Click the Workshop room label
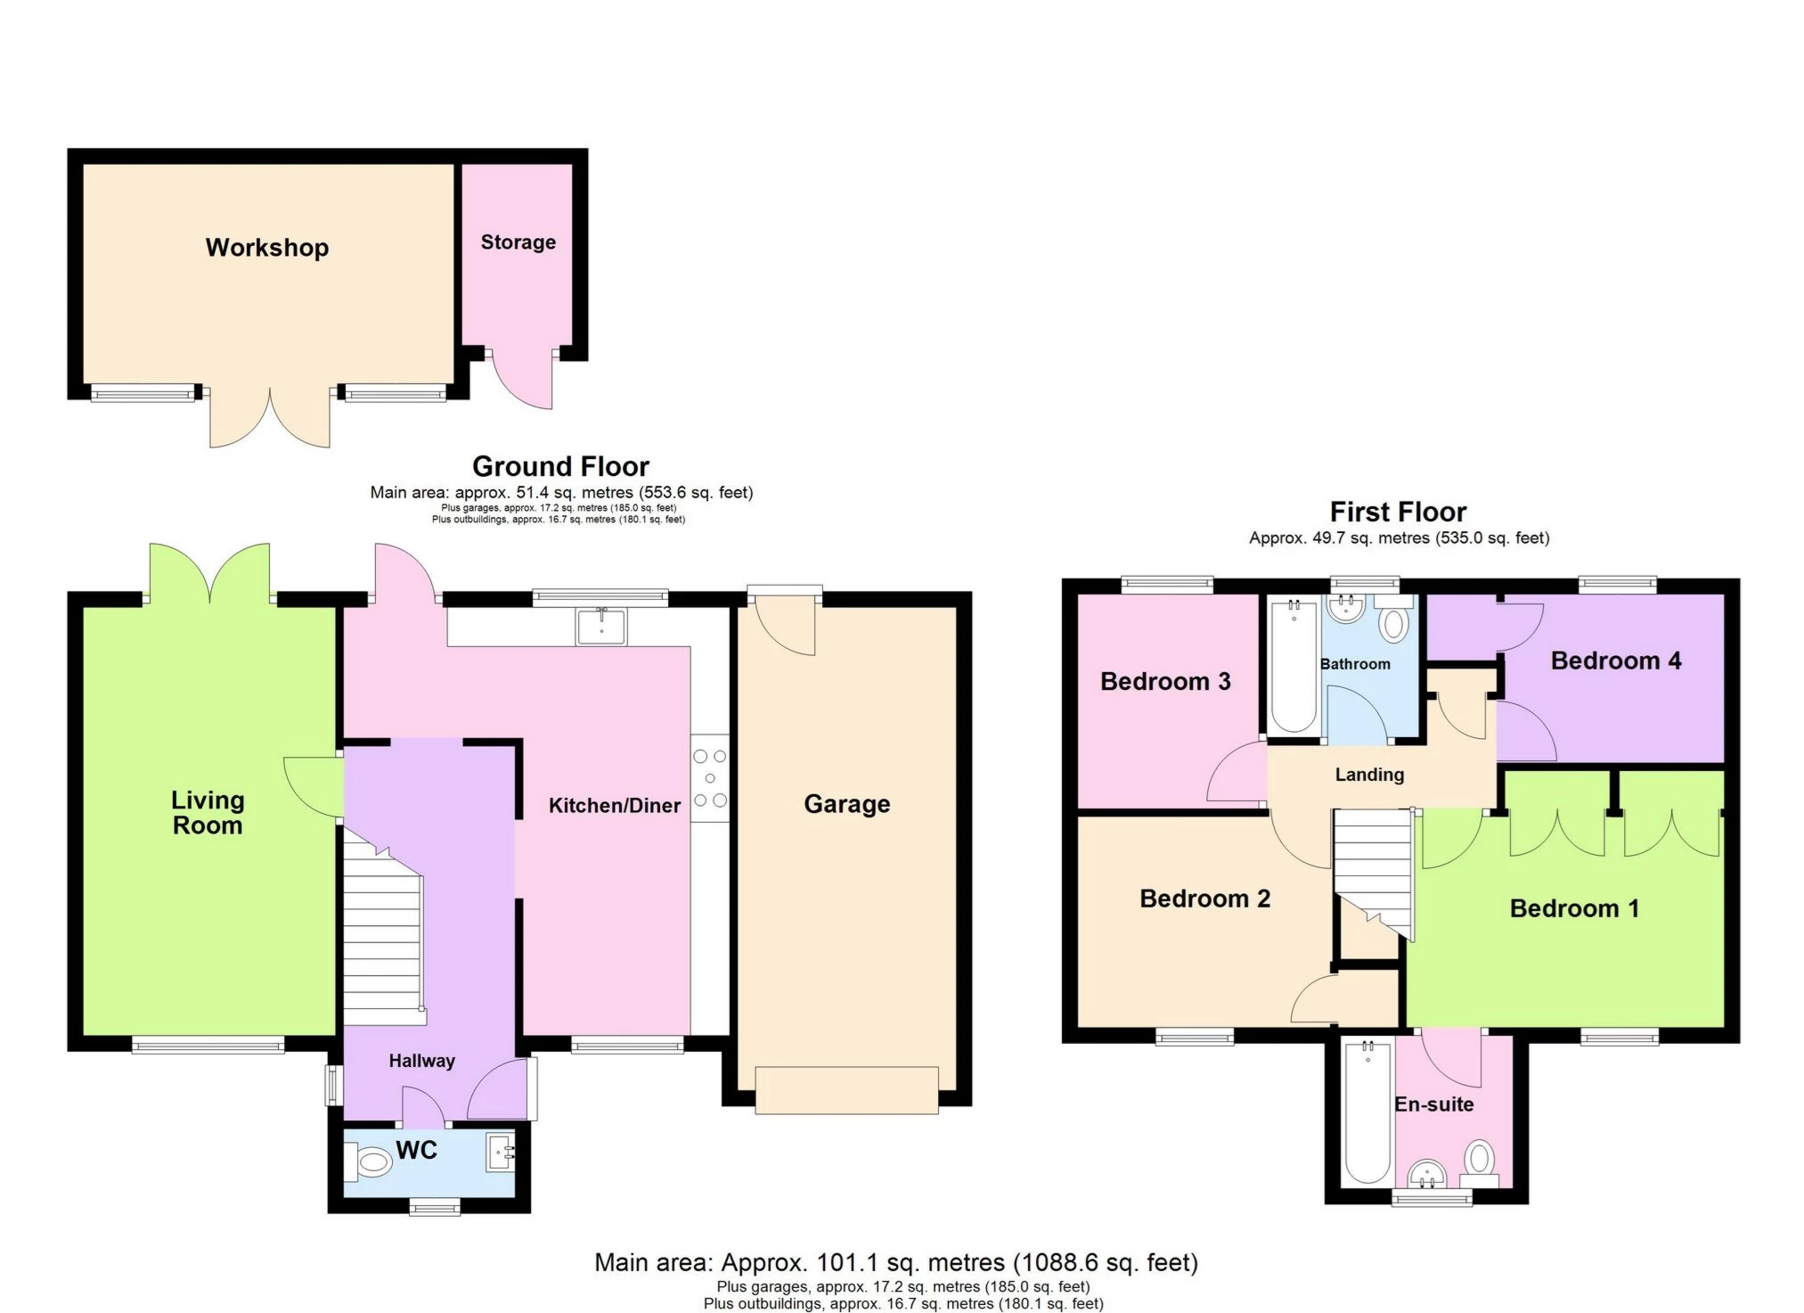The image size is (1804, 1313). (267, 248)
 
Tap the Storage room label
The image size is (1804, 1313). (518, 242)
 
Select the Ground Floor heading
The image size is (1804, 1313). (560, 466)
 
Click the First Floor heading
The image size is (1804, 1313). (1398, 512)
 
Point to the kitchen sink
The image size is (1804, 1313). (601, 626)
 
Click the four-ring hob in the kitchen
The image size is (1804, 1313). (710, 778)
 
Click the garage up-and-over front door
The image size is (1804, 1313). (846, 1090)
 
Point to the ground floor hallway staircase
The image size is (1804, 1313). (383, 936)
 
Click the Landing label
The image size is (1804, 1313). (1369, 775)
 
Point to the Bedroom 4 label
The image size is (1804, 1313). (1615, 661)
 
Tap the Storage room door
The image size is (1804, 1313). (524, 379)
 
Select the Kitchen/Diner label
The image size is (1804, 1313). (615, 806)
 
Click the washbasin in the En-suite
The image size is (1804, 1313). (1428, 1175)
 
